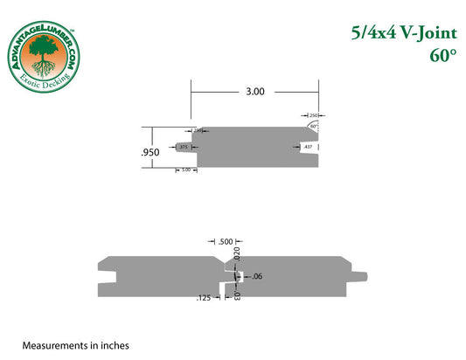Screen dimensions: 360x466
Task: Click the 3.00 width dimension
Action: [255, 91]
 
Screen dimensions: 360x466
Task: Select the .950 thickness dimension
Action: [150, 152]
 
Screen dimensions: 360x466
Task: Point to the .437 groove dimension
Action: [307, 149]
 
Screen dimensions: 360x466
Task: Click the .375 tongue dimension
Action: [184, 149]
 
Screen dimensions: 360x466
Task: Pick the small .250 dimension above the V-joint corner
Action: [312, 114]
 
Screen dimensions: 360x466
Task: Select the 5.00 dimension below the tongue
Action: [186, 170]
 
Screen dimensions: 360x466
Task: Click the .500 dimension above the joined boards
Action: [226, 241]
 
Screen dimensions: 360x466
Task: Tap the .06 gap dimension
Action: [257, 277]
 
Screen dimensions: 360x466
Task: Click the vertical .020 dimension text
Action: [236, 253]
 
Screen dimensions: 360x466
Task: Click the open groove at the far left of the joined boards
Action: [108, 278]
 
